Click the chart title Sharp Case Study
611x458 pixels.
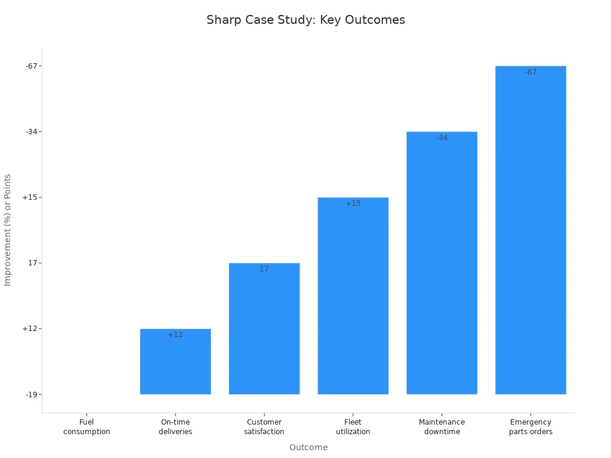click(305, 20)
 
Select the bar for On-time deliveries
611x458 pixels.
click(175, 364)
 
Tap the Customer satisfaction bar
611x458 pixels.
click(264, 331)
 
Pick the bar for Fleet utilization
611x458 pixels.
click(353, 298)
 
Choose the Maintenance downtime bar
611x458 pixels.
click(442, 265)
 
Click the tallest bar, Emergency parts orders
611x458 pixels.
click(530, 233)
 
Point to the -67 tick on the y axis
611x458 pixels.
click(31, 66)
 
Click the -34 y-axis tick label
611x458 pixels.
click(31, 132)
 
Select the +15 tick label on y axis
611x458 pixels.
click(30, 197)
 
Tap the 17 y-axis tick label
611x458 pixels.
click(33, 263)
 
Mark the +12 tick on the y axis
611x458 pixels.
click(30, 329)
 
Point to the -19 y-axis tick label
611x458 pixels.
click(31, 394)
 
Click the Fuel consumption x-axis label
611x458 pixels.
click(87, 427)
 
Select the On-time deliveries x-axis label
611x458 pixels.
click(175, 427)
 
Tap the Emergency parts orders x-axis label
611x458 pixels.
click(530, 427)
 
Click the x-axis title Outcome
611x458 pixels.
click(308, 447)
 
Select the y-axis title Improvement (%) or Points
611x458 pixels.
click(8, 230)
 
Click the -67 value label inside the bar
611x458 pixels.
click(530, 72)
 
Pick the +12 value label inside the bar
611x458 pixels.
click(175, 335)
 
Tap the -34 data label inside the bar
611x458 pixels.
click(442, 138)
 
